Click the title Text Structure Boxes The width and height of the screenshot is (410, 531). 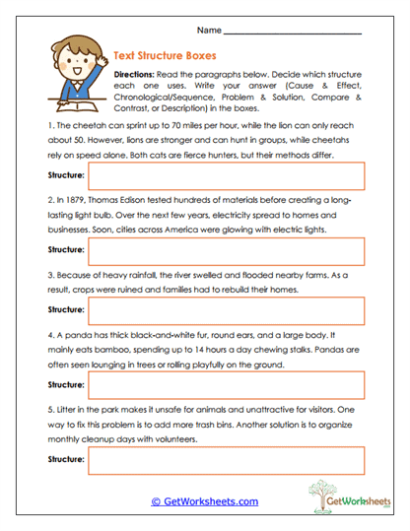coord(167,57)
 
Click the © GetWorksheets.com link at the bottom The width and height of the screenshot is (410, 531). coord(204,501)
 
